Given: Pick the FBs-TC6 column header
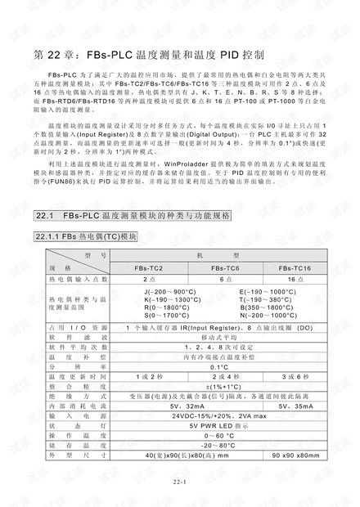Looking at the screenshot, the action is pos(225,268).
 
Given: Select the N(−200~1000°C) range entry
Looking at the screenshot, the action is pos(268,314).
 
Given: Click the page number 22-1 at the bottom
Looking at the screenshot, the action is pos(180,482).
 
